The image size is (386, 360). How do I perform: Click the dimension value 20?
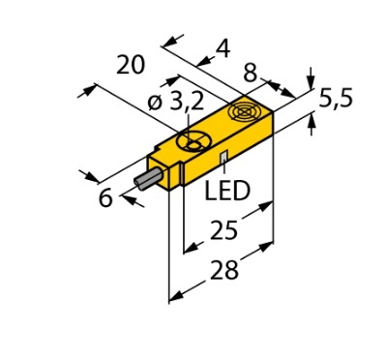click(131, 65)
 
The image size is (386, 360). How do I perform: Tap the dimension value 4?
click(223, 49)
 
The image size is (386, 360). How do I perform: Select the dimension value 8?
click(251, 73)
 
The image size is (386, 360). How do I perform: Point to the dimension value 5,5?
click(336, 100)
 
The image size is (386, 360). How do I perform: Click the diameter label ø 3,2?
click(176, 103)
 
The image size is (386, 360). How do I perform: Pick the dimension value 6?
click(105, 197)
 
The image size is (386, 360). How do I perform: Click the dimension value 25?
click(223, 230)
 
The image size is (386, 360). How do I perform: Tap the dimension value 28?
click(224, 270)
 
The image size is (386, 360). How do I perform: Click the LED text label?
click(227, 191)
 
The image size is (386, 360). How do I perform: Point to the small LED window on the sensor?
click(224, 157)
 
